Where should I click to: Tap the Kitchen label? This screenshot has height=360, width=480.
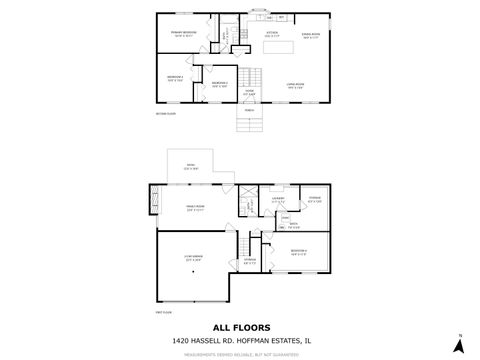[271, 33]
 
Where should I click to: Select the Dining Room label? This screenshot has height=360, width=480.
[310, 33]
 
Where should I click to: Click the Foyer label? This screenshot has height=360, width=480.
[249, 91]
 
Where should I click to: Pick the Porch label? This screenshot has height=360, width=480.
[249, 110]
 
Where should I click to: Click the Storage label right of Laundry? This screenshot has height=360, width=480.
[315, 199]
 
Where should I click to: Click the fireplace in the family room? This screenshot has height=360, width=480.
[154, 200]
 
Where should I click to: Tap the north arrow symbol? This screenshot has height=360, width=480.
[459, 343]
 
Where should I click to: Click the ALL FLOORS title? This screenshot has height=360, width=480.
[239, 326]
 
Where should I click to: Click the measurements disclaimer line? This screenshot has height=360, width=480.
[240, 351]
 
